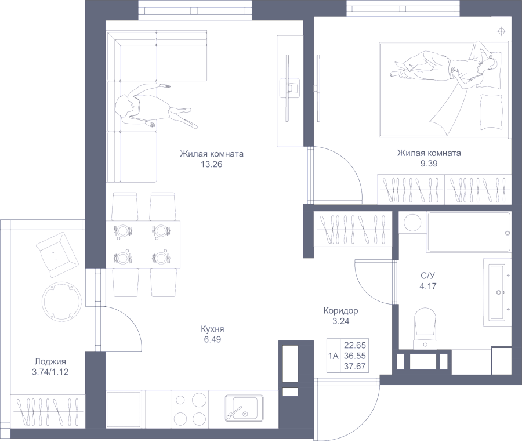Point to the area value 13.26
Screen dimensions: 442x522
click(x=211, y=164)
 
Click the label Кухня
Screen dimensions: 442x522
click(x=211, y=329)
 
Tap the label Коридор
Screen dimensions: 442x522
click(x=340, y=310)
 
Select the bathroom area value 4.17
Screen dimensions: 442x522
click(x=428, y=285)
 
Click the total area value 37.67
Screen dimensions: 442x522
click(x=355, y=365)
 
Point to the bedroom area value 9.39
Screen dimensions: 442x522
click(x=429, y=164)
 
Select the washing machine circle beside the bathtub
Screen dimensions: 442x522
click(x=412, y=223)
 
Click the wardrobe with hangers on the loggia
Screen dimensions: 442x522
click(x=48, y=411)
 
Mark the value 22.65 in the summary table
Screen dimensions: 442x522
click(x=355, y=345)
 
